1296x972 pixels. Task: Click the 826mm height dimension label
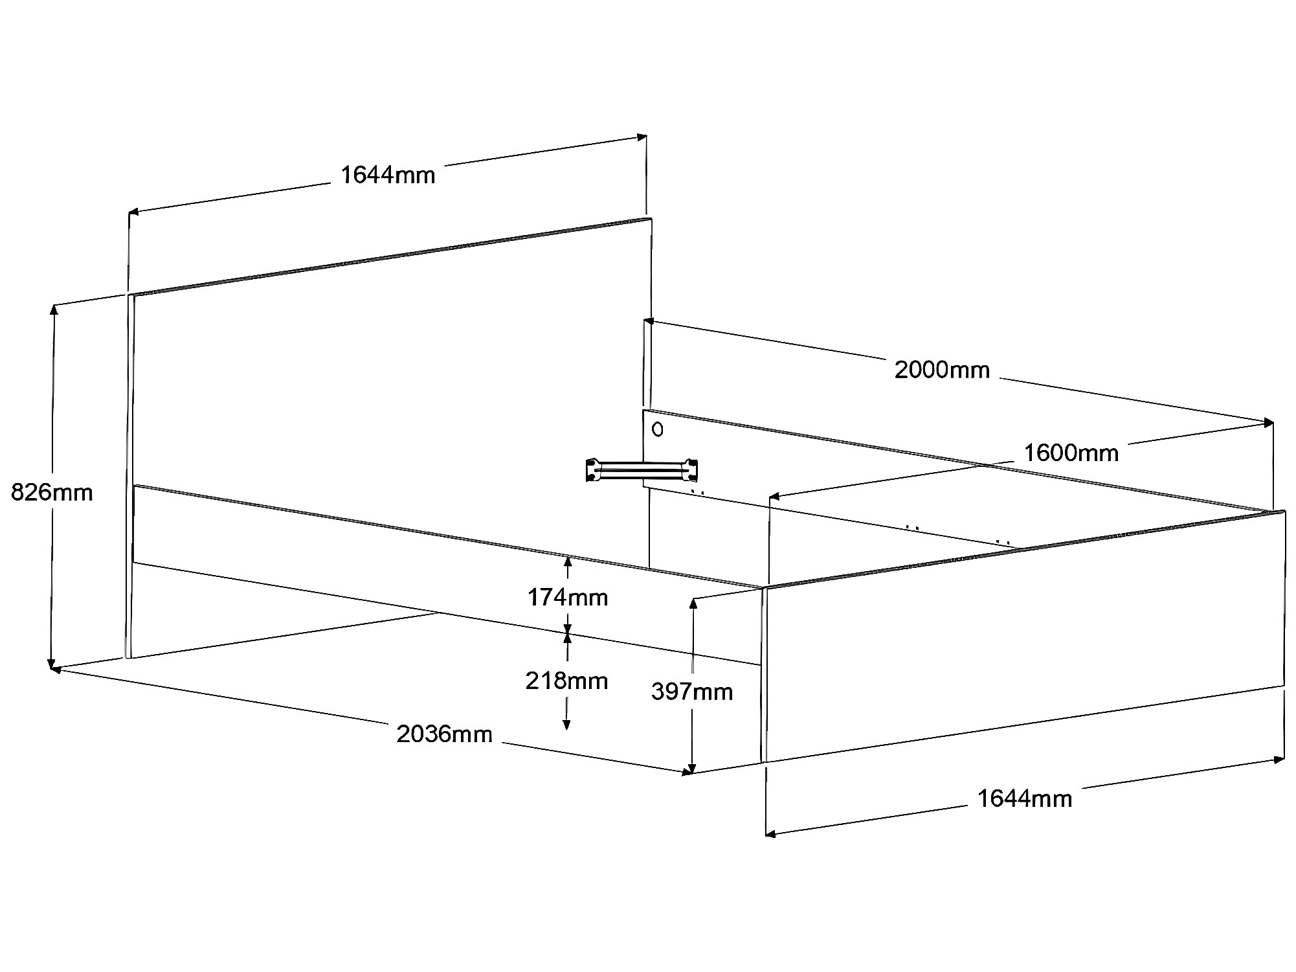[52, 493]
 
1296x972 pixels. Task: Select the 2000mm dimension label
[942, 370]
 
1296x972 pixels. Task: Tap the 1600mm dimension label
[1071, 453]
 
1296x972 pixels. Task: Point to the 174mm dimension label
[567, 597]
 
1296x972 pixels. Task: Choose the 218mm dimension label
[566, 681]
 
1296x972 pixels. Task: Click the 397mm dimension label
[691, 692]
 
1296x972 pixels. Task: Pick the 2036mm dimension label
[444, 734]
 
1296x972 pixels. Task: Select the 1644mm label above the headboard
[388, 175]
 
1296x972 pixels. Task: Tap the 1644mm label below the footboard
[1024, 798]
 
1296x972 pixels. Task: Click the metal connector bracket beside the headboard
[641, 470]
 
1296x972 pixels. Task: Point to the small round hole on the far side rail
[658, 429]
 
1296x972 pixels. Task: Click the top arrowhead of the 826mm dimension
[54, 309]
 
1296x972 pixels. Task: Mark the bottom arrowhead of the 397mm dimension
[692, 769]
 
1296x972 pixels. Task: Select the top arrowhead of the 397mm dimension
[693, 603]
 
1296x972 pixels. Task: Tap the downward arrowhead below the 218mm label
[566, 725]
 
